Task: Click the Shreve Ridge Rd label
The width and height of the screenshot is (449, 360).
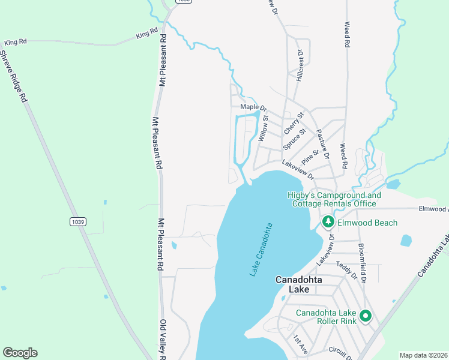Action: tap(14, 75)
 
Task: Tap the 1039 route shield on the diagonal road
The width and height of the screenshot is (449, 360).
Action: tap(77, 222)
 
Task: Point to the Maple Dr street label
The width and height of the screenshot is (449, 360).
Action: tap(253, 107)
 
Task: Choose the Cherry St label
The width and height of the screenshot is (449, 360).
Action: tap(294, 123)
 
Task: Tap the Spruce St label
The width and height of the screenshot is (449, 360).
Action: tap(295, 139)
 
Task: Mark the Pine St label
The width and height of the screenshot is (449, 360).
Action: tap(310, 157)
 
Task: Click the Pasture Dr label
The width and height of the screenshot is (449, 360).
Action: tap(323, 143)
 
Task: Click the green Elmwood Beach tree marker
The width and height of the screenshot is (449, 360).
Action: tap(328, 223)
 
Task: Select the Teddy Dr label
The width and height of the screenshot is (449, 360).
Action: tap(346, 271)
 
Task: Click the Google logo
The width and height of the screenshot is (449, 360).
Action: tap(20, 353)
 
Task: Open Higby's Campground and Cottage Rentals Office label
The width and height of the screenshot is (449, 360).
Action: tap(334, 199)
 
